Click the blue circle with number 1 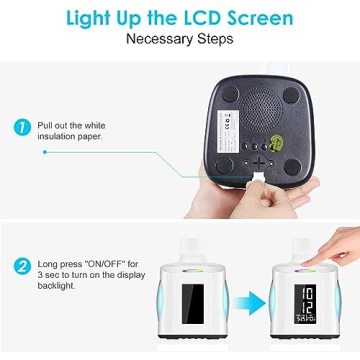tap(22, 128)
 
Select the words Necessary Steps tap(180, 41)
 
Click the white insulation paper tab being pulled tap(257, 178)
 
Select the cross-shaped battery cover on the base tap(259, 162)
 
